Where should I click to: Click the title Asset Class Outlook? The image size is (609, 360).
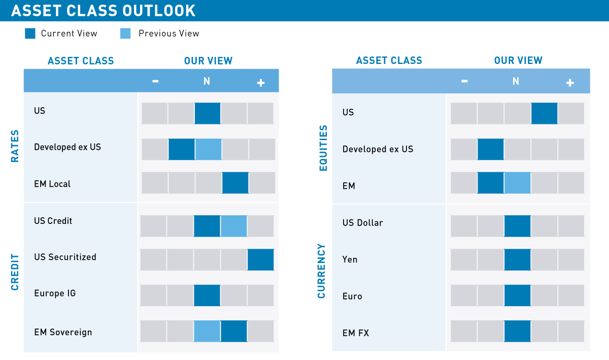(103, 11)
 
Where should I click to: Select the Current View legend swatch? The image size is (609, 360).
(30, 34)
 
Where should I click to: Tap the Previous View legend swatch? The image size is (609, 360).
(125, 34)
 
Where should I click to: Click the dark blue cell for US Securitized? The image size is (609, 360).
(260, 259)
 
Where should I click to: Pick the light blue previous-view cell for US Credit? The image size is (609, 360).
(234, 226)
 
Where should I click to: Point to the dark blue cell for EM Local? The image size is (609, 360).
(235, 183)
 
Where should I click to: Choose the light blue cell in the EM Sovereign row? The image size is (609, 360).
(207, 331)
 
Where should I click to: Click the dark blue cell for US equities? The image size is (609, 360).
(544, 113)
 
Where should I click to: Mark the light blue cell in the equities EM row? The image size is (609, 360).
(517, 183)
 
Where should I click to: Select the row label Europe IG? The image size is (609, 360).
(55, 293)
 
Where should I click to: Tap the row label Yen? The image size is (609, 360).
(350, 259)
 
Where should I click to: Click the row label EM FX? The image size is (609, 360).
(356, 333)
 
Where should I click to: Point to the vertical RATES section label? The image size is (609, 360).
(15, 146)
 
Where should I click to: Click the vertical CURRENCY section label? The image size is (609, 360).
(321, 271)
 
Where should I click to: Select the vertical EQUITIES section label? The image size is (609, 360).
(323, 148)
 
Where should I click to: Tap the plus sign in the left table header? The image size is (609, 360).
(261, 82)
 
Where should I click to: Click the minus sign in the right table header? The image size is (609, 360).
(464, 82)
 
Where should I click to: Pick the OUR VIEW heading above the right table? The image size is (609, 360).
(518, 61)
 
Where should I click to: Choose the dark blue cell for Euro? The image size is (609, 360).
(517, 296)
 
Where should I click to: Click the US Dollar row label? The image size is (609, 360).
(363, 223)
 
